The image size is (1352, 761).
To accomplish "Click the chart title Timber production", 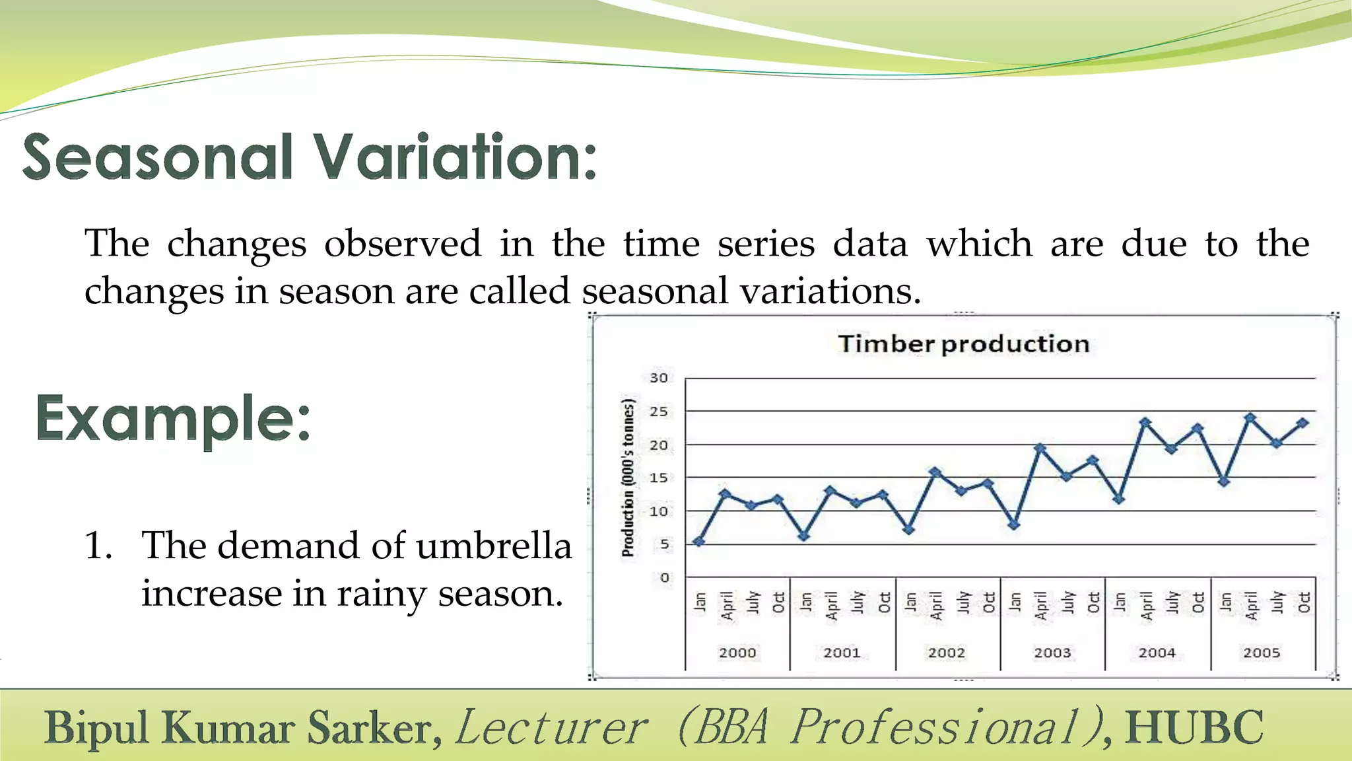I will [x=963, y=344].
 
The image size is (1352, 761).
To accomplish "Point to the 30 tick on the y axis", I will [x=658, y=378].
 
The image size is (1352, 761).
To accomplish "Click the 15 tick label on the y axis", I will [x=658, y=478].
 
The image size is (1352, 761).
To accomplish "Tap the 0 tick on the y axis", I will [x=664, y=577].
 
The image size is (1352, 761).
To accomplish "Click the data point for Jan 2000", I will [x=700, y=542].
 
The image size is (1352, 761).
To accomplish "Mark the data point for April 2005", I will [x=1250, y=417].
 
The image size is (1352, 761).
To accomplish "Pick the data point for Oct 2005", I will [x=1302, y=423].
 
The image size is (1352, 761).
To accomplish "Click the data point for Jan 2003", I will [x=1014, y=525].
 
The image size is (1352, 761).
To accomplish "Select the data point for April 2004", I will [x=1145, y=422].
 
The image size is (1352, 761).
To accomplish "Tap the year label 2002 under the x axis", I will [x=947, y=653].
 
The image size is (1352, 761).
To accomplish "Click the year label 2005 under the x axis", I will [x=1262, y=653].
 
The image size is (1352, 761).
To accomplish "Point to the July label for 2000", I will [x=753, y=602].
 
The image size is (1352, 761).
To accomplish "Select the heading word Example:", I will [x=173, y=419].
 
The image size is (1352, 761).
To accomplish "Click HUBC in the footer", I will [x=1194, y=727].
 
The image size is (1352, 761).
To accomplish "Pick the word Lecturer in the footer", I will [x=551, y=727].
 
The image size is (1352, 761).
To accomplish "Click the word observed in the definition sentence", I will [x=403, y=244].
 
